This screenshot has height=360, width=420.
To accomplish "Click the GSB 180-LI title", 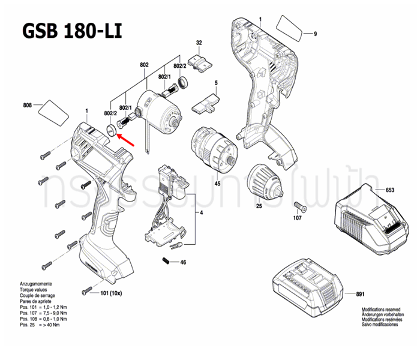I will [x=71, y=31].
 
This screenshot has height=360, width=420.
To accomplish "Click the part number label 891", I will [x=360, y=294].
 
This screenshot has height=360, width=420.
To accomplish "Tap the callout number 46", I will [x=184, y=262].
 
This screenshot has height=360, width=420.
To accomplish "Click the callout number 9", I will [x=314, y=34].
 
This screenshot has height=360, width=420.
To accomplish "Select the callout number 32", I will [x=199, y=42].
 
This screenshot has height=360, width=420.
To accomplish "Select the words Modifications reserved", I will [x=382, y=310].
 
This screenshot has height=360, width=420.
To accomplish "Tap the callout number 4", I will [x=201, y=214].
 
